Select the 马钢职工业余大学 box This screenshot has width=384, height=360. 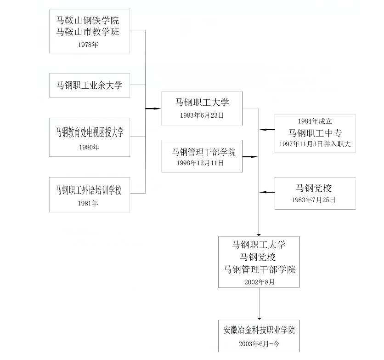tap(90, 85)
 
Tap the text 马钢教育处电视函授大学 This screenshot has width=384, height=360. tap(90, 132)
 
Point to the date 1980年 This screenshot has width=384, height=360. tap(90, 147)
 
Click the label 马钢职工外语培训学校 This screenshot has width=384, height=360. tap(90, 189)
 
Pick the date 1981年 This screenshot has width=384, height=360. tap(90, 203)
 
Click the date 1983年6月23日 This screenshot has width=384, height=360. tap(202, 116)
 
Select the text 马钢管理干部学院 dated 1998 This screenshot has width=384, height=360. tap(204, 152)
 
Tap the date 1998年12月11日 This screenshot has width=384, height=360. tap(201, 163)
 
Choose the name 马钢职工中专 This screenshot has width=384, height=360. tap(315, 133)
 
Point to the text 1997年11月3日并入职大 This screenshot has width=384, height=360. tap(315, 144)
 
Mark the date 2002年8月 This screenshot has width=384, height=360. tap(260, 282)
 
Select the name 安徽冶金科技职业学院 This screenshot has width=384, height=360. tap(260, 330)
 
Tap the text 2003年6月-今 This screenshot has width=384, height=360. tap(259, 343)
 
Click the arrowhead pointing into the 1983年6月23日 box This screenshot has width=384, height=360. tap(158, 109)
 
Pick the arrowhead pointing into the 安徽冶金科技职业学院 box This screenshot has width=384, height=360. tap(260, 318)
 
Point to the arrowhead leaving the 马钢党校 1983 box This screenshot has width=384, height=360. tap(262, 192)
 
